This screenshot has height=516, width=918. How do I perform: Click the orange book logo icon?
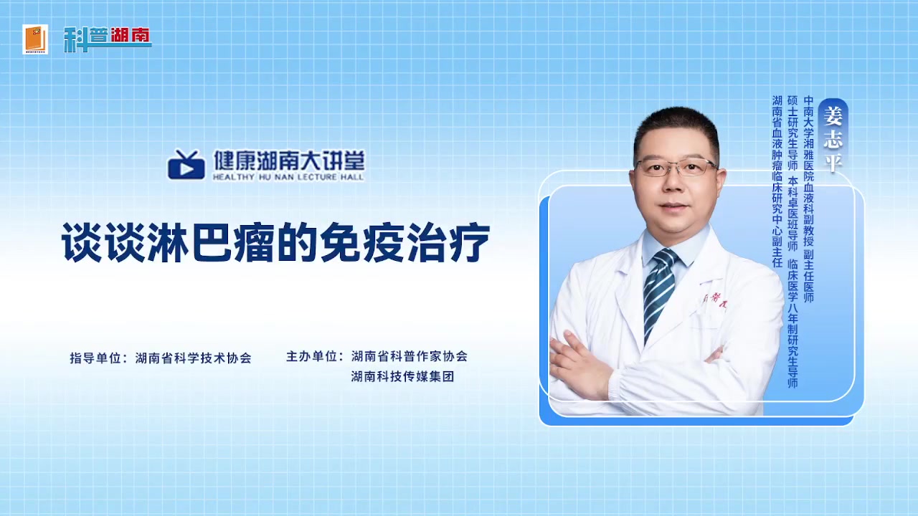click(x=35, y=39)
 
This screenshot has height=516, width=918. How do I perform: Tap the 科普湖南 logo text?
click(x=108, y=39)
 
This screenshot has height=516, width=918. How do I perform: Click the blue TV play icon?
click(x=186, y=164)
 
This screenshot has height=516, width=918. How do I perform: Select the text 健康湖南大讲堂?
click(x=289, y=160)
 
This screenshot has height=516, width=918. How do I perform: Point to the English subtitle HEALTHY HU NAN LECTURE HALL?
click(x=288, y=177)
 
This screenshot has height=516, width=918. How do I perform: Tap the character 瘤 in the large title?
click(x=254, y=242)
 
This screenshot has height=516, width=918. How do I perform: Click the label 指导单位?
click(x=95, y=358)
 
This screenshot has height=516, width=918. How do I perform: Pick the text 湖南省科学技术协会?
click(x=193, y=358)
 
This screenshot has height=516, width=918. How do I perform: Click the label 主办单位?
click(x=311, y=356)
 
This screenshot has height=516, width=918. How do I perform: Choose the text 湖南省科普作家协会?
click(x=410, y=356)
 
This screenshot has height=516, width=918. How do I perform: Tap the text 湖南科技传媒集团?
click(x=402, y=376)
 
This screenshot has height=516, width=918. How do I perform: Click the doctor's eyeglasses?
click(x=676, y=168)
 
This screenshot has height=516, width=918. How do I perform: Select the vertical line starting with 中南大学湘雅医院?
click(x=808, y=199)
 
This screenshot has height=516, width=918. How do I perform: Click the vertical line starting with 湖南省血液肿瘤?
click(x=777, y=182)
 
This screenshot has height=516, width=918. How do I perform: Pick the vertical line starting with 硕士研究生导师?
click(x=793, y=242)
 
